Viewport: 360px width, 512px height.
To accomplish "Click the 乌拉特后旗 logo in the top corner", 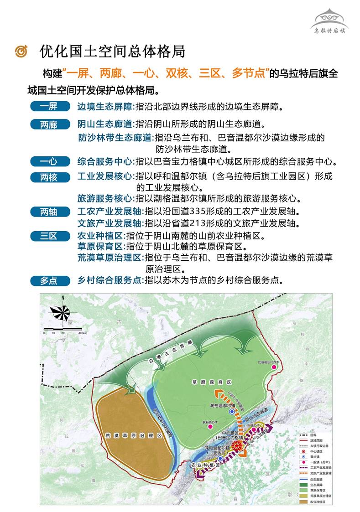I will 329,21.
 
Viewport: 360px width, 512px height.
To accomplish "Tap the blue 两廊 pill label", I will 50,124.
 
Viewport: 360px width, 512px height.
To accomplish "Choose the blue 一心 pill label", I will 50,161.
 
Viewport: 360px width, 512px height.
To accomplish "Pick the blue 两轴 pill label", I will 50,212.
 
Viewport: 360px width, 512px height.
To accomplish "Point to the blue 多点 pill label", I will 50,281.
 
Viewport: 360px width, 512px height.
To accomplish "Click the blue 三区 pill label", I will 50,236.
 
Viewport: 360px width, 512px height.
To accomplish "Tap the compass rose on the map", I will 61,312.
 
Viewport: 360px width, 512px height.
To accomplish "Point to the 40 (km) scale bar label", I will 81,333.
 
